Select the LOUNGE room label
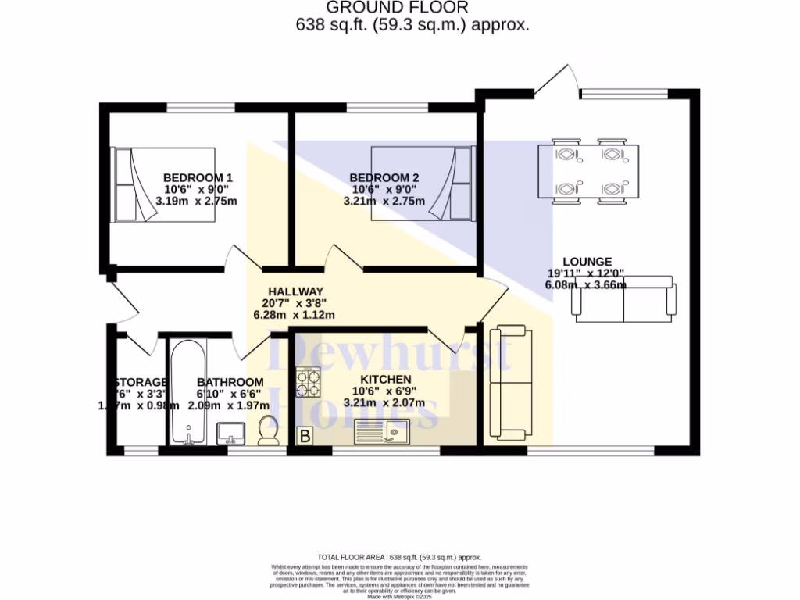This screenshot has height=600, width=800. [587, 262]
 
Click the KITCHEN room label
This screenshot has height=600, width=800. [383, 380]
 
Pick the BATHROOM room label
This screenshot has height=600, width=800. [230, 382]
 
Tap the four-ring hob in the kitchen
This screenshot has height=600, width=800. [309, 382]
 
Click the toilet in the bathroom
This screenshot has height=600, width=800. [270, 430]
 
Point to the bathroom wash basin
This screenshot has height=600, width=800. [230, 431]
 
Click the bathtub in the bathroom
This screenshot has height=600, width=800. [187, 391]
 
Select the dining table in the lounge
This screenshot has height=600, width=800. [587, 172]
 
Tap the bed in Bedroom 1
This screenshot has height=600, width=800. [164, 185]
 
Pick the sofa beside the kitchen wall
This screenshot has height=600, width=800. [510, 383]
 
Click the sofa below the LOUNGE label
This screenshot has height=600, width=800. [624, 299]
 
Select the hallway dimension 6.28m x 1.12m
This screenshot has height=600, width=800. [295, 315]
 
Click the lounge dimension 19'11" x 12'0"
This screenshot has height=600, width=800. [587, 273]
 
